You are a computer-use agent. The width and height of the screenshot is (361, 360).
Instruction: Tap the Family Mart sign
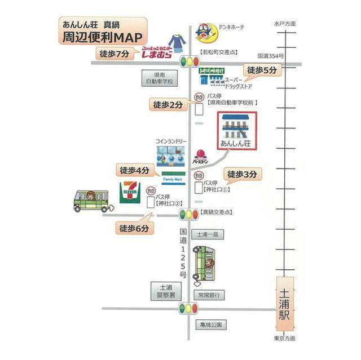click(173, 180)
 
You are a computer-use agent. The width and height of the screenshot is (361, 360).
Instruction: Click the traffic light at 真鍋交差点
click(188, 214)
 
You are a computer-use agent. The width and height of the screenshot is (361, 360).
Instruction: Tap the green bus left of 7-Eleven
click(92, 201)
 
